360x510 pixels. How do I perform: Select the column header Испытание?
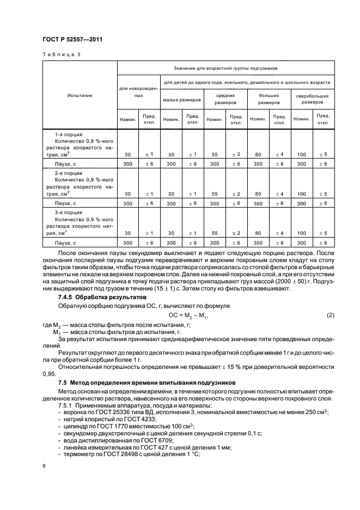point(80,95)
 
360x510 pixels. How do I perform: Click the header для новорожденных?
point(138,91)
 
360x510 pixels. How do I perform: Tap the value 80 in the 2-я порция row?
point(258,193)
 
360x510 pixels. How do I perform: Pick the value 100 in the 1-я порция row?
point(301,154)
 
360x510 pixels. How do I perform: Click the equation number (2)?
point(330,316)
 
